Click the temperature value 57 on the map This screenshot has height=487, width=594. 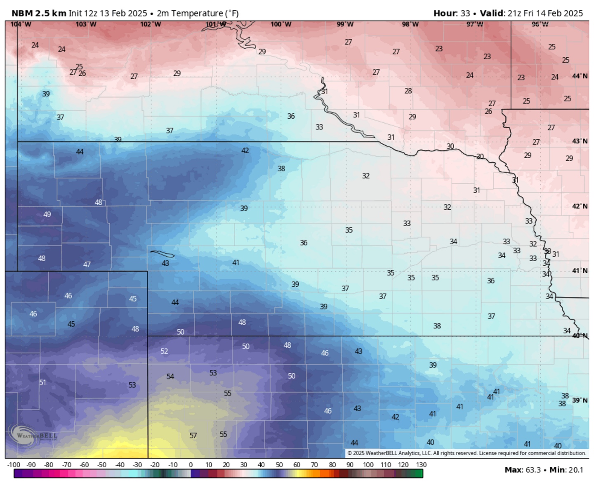(x=193, y=435)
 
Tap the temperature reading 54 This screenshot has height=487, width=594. (x=170, y=377)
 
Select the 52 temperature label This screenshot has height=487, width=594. (x=164, y=351)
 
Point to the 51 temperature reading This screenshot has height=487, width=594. (x=42, y=382)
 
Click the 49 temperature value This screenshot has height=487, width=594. (x=47, y=214)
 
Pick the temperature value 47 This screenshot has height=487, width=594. (x=87, y=265)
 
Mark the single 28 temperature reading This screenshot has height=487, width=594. (x=408, y=91)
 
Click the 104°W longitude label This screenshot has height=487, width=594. (x=21, y=24)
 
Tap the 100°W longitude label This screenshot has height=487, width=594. (x=281, y=24)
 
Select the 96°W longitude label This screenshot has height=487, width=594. (x=540, y=24)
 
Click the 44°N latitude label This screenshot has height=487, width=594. (x=580, y=76)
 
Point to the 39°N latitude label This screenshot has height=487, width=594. (x=580, y=400)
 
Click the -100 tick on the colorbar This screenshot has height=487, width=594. (x=14, y=465)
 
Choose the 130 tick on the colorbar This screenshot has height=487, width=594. (x=421, y=465)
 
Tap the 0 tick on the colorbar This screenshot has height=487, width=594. (x=191, y=465)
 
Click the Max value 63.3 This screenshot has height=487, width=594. (x=533, y=470)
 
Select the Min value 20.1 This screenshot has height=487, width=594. (x=575, y=470)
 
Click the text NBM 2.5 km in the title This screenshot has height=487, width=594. (x=39, y=13)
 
